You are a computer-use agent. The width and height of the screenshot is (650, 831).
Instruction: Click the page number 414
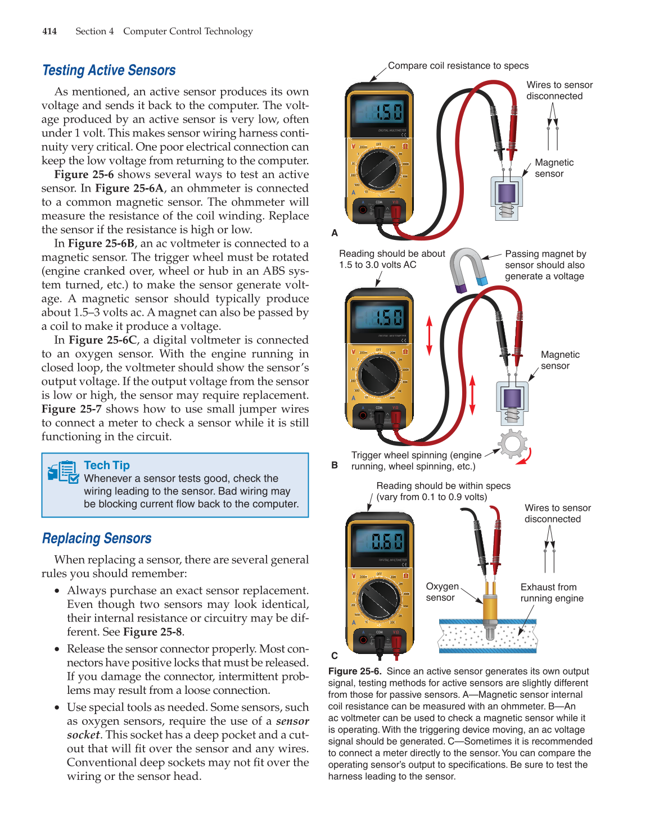[49, 31]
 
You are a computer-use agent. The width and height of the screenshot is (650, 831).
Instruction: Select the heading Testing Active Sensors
[109, 70]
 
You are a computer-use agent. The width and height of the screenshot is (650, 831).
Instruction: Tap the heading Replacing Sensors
[97, 538]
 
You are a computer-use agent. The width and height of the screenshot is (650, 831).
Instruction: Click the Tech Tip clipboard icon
[63, 472]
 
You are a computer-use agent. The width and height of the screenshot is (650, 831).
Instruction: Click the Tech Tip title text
[107, 465]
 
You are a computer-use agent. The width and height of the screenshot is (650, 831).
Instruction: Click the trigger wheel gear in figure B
[512, 444]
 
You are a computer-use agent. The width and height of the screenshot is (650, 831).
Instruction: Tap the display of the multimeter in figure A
[379, 112]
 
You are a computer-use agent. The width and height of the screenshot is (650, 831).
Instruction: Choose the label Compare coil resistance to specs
[458, 66]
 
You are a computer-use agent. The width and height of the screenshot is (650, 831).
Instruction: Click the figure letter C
[335, 656]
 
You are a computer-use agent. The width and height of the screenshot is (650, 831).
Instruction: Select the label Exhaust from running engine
[551, 593]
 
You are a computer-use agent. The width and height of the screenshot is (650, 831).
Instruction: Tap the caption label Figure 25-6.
[355, 671]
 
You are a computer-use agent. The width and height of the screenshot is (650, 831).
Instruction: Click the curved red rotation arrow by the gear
[526, 457]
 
